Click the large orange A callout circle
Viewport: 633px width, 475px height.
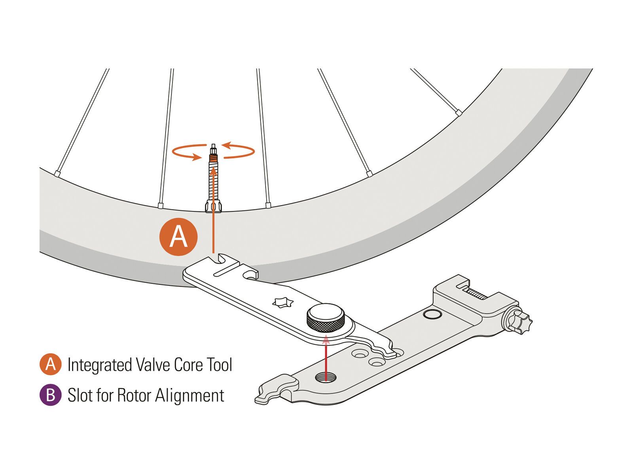[178, 237]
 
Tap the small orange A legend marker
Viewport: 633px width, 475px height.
[50, 364]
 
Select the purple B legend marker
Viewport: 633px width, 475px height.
[50, 395]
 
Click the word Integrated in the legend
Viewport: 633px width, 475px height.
[99, 365]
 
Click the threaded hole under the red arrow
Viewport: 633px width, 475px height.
[326, 376]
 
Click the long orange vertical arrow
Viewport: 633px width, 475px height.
[214, 210]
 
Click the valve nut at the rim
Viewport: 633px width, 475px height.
[214, 206]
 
